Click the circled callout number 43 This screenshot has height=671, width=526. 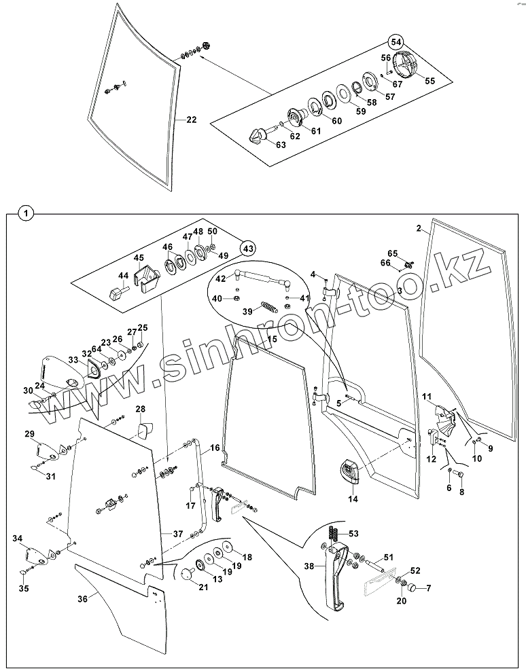point(249,249)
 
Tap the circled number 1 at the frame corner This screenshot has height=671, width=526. point(24,213)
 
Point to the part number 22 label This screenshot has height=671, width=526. point(191,120)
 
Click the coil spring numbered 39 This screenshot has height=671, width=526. point(270,307)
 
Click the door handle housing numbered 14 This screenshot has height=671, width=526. point(350,472)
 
